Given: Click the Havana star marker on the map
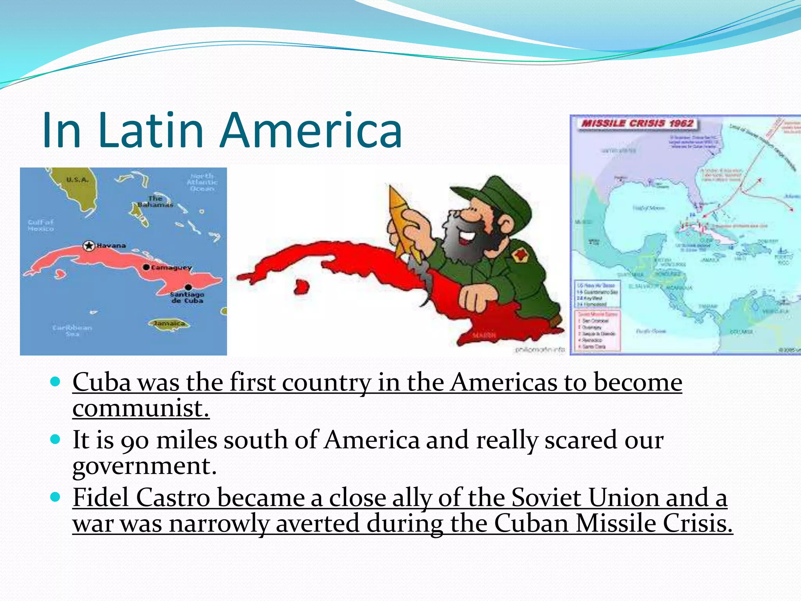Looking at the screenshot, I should (x=89, y=246).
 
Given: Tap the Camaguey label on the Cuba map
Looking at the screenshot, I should (x=171, y=268).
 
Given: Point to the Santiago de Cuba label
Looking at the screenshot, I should (x=187, y=297).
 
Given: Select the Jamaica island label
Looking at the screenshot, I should (x=169, y=324).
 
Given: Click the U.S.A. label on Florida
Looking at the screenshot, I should (x=77, y=180).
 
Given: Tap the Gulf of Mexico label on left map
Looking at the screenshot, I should (x=41, y=225).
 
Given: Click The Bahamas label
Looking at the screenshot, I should (x=155, y=202).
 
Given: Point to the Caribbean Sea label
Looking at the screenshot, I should (x=72, y=330).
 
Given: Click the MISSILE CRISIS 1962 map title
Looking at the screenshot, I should (x=637, y=124).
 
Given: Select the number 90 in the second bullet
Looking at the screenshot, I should (x=135, y=441).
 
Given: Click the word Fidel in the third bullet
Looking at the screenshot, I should (x=102, y=498).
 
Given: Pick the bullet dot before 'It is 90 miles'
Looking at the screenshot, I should (x=56, y=439).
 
